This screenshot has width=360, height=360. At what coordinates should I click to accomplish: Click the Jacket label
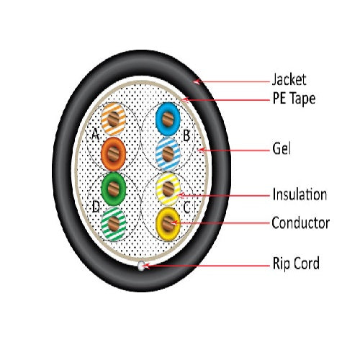click(x=289, y=79)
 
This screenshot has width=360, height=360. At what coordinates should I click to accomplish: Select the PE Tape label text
click(x=294, y=99)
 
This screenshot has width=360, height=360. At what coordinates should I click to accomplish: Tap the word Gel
click(x=282, y=148)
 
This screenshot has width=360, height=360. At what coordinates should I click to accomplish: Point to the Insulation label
click(x=300, y=194)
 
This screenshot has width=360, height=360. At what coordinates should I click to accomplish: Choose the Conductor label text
click(x=300, y=222)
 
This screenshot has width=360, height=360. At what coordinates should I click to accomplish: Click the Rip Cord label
click(x=296, y=263)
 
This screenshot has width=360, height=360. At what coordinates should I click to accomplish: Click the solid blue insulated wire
click(x=168, y=119)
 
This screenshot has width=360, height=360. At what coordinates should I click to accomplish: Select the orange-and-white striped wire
click(x=113, y=119)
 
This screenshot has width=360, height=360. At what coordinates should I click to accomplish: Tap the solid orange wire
click(x=113, y=154)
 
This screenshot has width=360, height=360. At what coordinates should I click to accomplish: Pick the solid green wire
click(x=114, y=189)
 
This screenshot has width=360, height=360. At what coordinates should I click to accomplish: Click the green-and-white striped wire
click(x=113, y=224)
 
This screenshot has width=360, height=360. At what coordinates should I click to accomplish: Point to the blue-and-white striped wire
click(x=168, y=154)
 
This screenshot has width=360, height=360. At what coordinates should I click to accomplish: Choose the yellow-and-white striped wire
click(x=168, y=189)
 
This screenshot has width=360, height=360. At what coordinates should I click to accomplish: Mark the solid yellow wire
click(x=168, y=224)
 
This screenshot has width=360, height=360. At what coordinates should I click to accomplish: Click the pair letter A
click(x=96, y=134)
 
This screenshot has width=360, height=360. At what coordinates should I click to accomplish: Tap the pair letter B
click(x=186, y=135)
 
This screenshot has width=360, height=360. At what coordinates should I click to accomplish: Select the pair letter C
click(x=186, y=207)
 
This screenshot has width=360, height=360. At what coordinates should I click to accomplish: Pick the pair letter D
click(x=96, y=207)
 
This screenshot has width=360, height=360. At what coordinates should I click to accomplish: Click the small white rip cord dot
click(x=141, y=266)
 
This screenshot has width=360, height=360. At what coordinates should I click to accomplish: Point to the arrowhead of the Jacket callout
click(x=197, y=82)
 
